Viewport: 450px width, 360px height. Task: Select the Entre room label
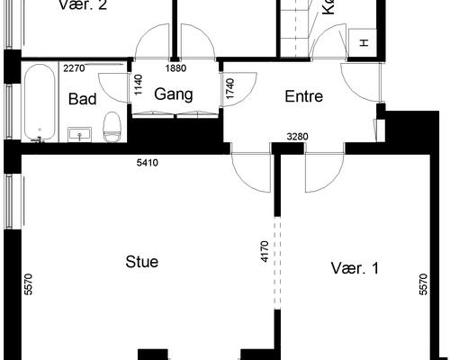[x=303, y=96]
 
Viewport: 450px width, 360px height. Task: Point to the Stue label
[x=141, y=262]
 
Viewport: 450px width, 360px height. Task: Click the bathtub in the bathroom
[x=39, y=103]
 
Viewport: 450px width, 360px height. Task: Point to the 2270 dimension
[x=75, y=67]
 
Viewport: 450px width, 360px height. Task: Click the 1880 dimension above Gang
[x=176, y=67]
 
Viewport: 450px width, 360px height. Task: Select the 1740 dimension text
[x=230, y=88]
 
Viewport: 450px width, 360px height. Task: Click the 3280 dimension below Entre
[x=298, y=137]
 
